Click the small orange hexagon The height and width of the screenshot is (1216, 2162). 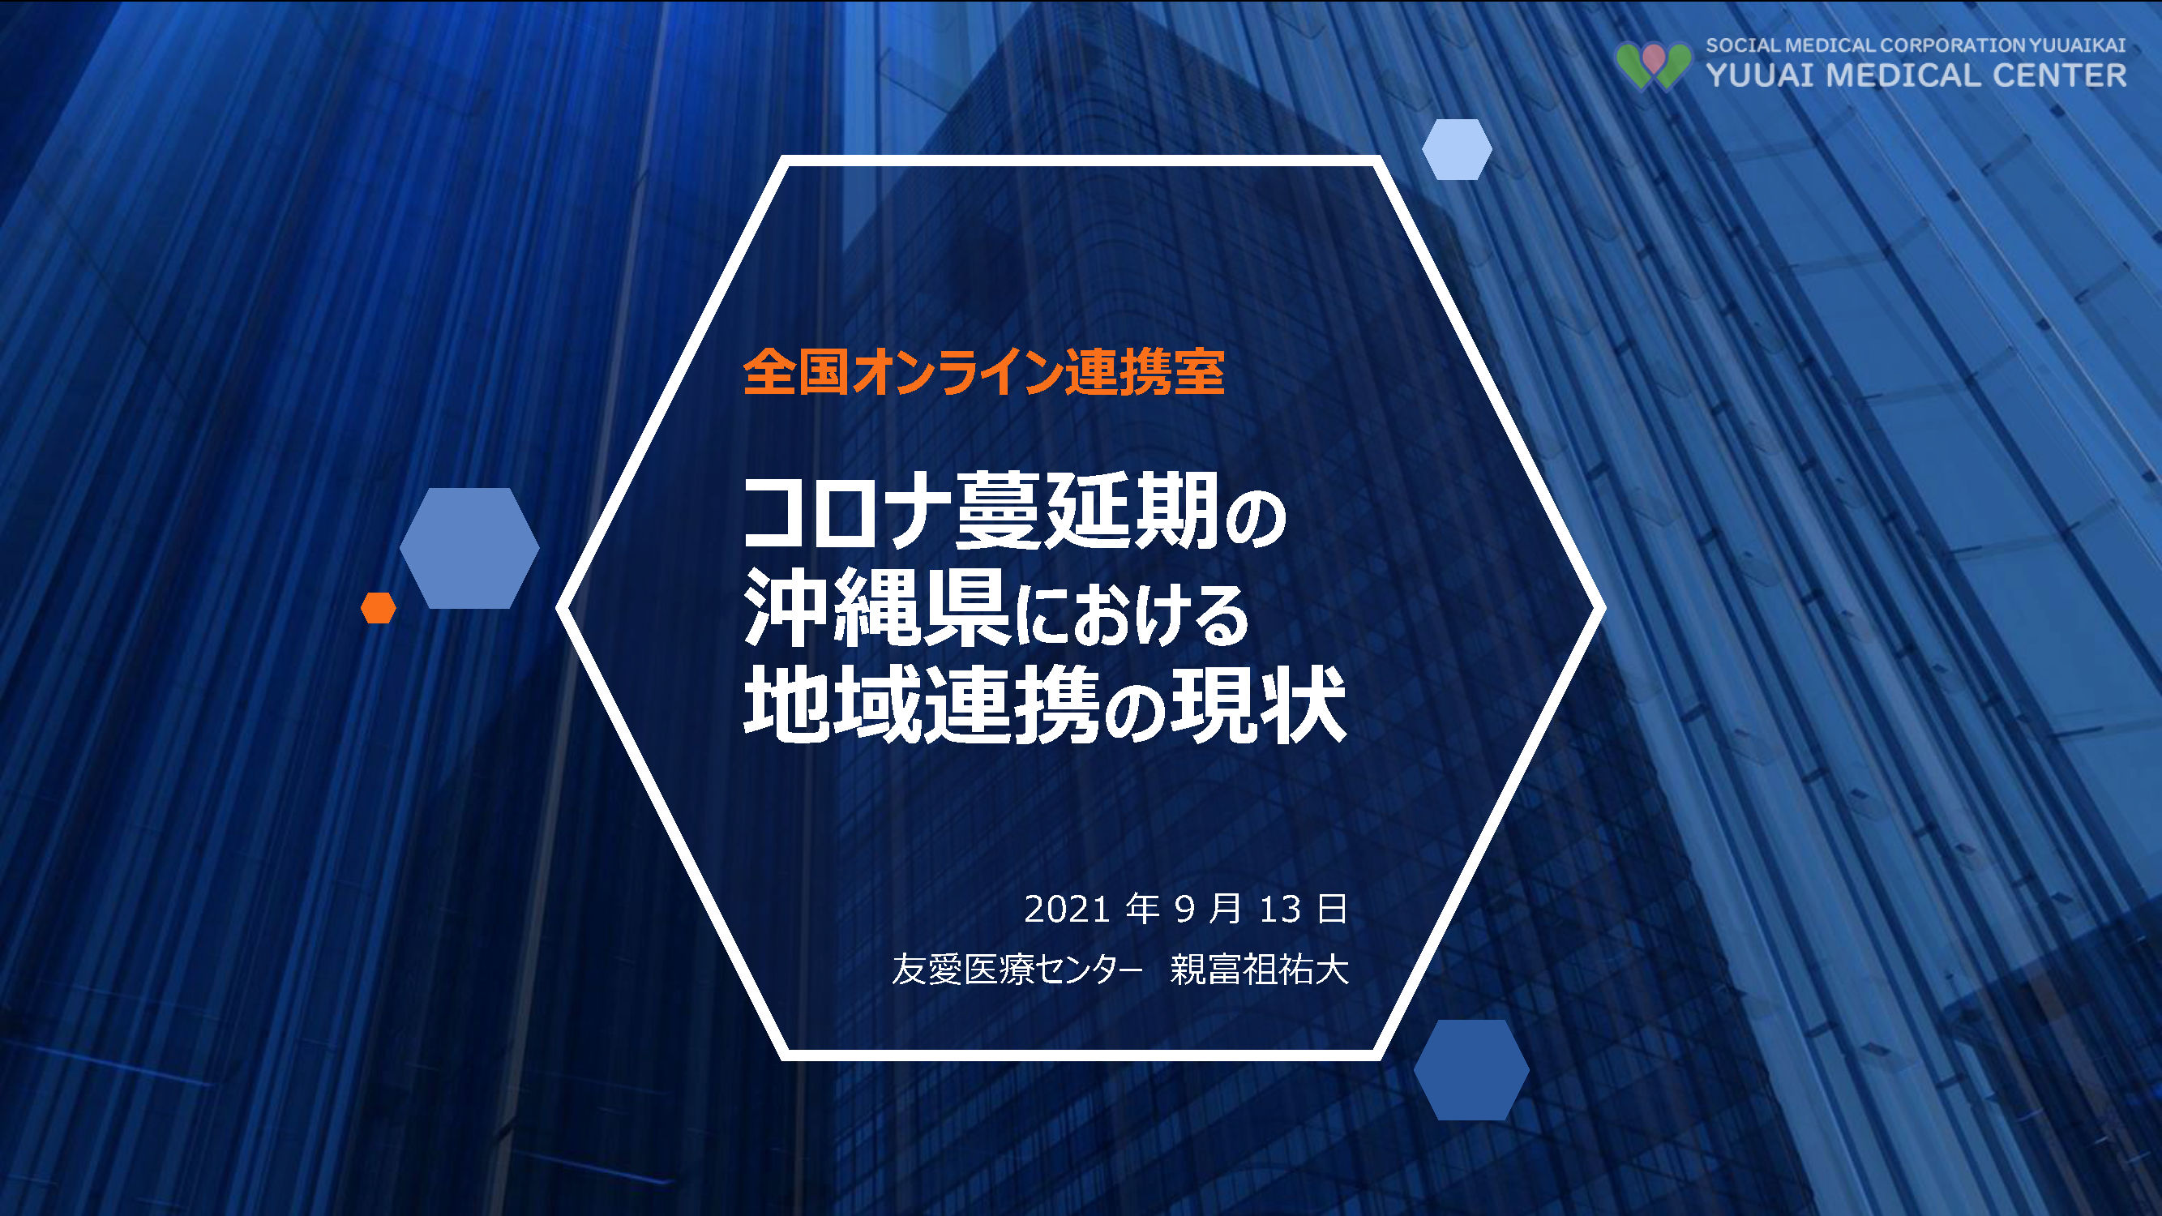tap(379, 607)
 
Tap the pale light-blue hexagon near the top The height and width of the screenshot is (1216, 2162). tap(1457, 149)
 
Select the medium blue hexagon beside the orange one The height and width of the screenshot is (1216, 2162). tap(469, 548)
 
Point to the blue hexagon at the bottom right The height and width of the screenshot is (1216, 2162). tap(1471, 1070)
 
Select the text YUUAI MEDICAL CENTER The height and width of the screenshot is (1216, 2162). tap(1916, 75)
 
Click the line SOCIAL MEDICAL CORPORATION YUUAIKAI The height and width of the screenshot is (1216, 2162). tap(1916, 45)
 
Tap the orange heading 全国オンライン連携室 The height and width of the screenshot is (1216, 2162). tap(983, 372)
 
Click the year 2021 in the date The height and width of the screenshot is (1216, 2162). tap(1068, 910)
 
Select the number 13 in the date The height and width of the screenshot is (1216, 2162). tap(1280, 910)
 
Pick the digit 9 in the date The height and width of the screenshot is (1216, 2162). tap(1184, 910)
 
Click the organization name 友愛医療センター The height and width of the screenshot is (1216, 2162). tap(1017, 970)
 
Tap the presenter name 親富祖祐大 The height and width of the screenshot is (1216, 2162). tap(1260, 970)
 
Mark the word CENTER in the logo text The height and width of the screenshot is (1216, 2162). tap(2060, 75)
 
